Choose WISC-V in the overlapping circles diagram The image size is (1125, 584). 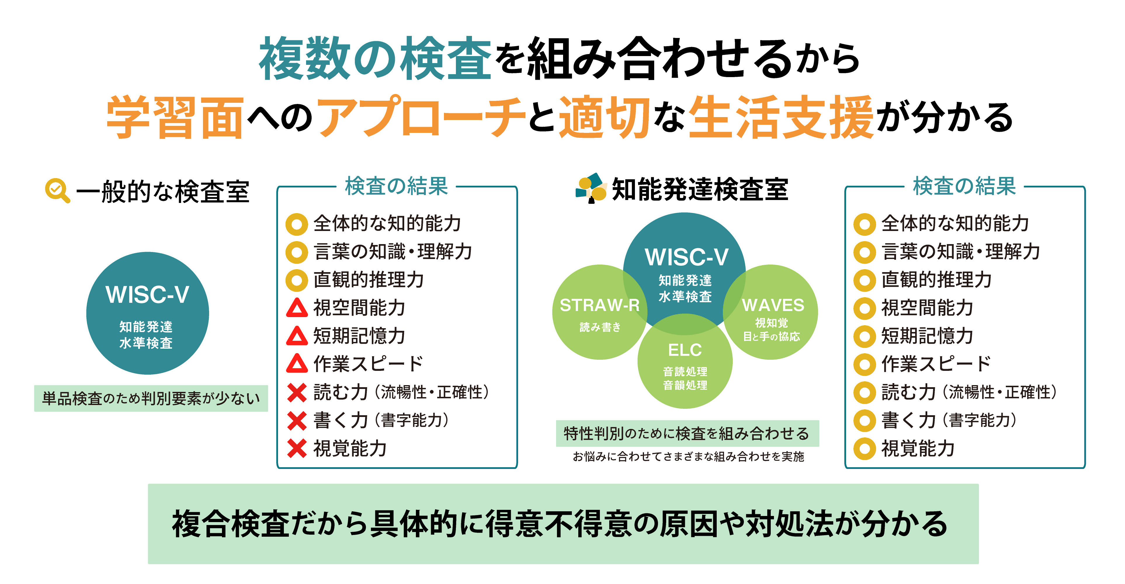point(686,257)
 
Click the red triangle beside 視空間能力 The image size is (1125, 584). point(297,308)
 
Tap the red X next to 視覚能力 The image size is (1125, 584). point(297,449)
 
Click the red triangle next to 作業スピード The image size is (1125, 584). point(297,364)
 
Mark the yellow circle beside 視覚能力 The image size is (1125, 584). point(864,449)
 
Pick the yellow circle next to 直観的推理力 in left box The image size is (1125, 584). point(297,280)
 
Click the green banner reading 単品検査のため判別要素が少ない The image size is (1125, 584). point(151,398)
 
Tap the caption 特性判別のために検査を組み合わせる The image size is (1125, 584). point(687,433)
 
